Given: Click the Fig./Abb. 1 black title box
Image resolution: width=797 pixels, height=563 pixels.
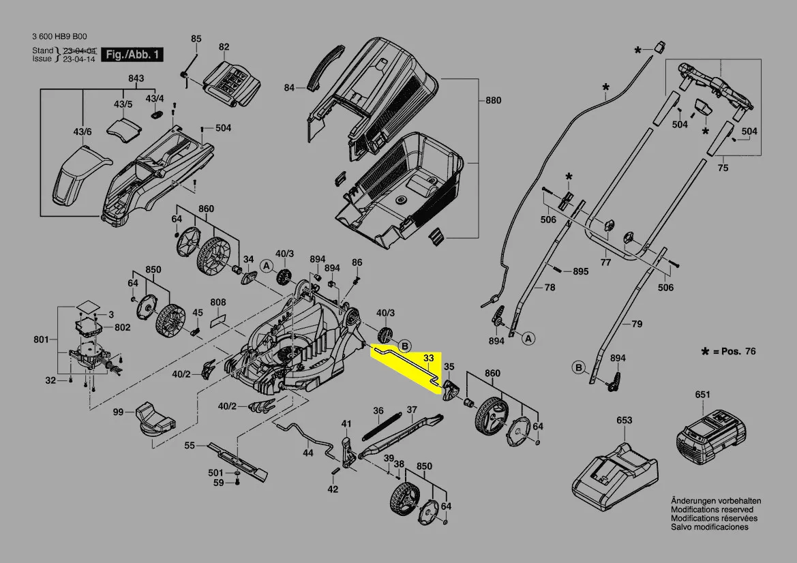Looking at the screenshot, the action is click(x=132, y=55).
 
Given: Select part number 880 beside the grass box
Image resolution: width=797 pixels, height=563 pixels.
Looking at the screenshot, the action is click(x=493, y=100).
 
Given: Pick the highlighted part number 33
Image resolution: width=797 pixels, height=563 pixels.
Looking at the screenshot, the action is click(x=428, y=359).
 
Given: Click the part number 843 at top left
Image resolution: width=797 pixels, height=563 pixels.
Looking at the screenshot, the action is click(x=136, y=78).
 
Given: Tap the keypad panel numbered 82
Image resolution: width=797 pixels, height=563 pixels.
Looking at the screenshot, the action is click(x=232, y=84).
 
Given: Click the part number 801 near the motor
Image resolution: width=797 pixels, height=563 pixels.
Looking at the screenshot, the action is click(x=41, y=339).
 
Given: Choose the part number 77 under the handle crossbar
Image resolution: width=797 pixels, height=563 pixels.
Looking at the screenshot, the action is click(x=605, y=262).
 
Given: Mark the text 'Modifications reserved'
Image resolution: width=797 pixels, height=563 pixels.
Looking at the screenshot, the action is click(x=712, y=510).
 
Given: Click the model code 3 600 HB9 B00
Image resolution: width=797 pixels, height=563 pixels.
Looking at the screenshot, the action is click(x=59, y=37).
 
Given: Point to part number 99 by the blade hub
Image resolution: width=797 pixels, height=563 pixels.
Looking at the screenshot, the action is click(x=118, y=412).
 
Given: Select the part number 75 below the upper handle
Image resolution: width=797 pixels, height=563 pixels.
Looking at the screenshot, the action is click(x=723, y=168).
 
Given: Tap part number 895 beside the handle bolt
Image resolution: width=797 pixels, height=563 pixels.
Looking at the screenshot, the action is click(x=580, y=271).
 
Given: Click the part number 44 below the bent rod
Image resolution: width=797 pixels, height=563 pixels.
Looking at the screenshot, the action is click(x=308, y=452).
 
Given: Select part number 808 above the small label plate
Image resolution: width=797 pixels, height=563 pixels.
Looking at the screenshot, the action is click(x=218, y=303).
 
